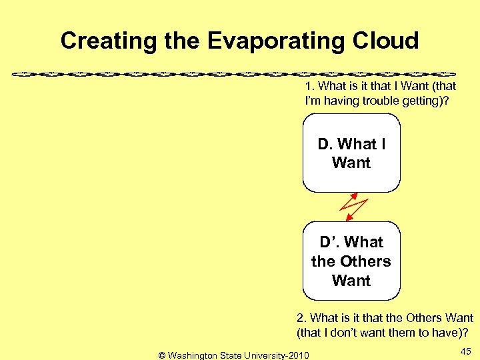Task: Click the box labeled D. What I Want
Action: [x=351, y=153]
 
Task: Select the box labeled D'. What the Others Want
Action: [x=351, y=261]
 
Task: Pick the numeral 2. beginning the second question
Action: [x=301, y=318]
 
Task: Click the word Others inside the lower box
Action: [x=365, y=261]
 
